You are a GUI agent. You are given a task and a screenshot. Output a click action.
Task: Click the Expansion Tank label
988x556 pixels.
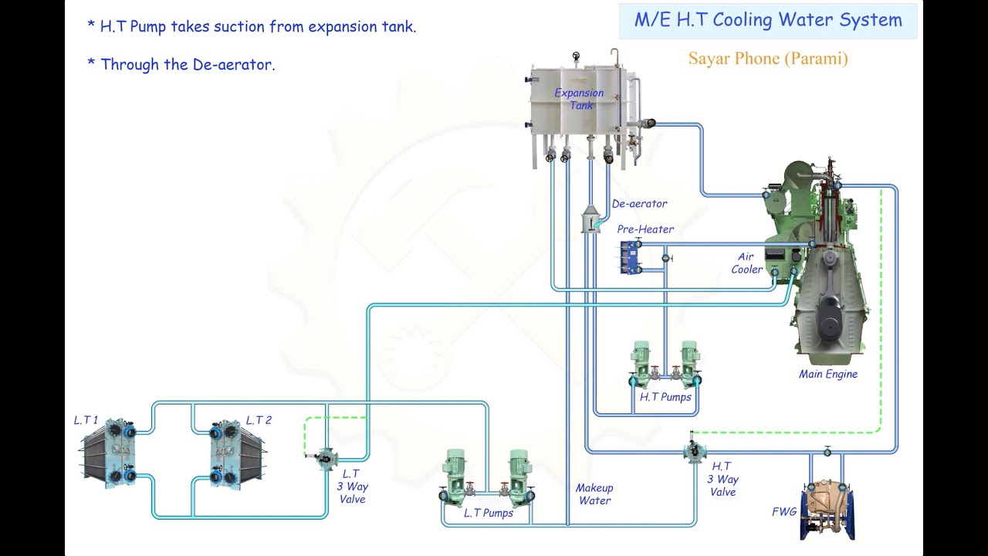[x=579, y=99]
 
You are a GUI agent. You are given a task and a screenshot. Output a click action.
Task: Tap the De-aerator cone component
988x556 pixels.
[x=591, y=220]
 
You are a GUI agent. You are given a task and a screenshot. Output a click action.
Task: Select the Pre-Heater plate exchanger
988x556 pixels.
[x=631, y=257]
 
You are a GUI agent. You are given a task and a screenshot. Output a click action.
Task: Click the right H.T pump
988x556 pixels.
[x=689, y=364]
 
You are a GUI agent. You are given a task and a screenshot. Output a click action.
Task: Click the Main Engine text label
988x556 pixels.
[x=827, y=375]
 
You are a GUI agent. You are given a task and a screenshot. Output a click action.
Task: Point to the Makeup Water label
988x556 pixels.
[x=594, y=494]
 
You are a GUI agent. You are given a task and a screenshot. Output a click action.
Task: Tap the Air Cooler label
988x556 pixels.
[x=746, y=263]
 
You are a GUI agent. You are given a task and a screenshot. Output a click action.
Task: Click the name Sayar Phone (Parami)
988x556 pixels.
[x=768, y=59]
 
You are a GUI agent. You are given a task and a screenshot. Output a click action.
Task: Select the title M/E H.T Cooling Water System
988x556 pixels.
[x=768, y=21]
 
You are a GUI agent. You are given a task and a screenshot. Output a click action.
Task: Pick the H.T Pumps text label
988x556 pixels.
[x=665, y=398]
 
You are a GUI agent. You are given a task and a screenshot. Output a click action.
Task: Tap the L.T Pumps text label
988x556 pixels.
[x=488, y=513]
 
